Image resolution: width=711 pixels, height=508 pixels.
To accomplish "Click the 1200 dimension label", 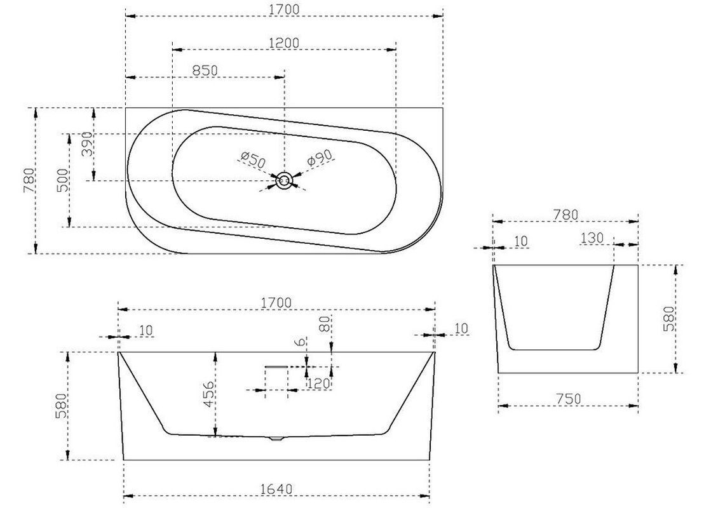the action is (x=284, y=43).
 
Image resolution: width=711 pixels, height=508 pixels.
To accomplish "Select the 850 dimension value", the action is (x=205, y=70).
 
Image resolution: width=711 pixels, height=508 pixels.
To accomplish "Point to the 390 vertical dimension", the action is (x=87, y=144).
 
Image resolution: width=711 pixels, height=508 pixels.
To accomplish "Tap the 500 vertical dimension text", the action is (x=62, y=180).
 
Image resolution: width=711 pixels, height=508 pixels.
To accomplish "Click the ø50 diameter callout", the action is (x=253, y=161).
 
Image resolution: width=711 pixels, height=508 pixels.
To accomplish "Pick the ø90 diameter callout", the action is (x=320, y=157).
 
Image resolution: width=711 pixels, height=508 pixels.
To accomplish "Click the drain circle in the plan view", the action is (x=284, y=181).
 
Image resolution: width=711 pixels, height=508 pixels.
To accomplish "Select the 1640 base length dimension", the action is (x=276, y=490).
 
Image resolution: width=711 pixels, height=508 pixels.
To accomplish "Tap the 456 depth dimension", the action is (x=208, y=394).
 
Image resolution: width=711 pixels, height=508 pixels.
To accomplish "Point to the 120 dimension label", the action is (x=318, y=384).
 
